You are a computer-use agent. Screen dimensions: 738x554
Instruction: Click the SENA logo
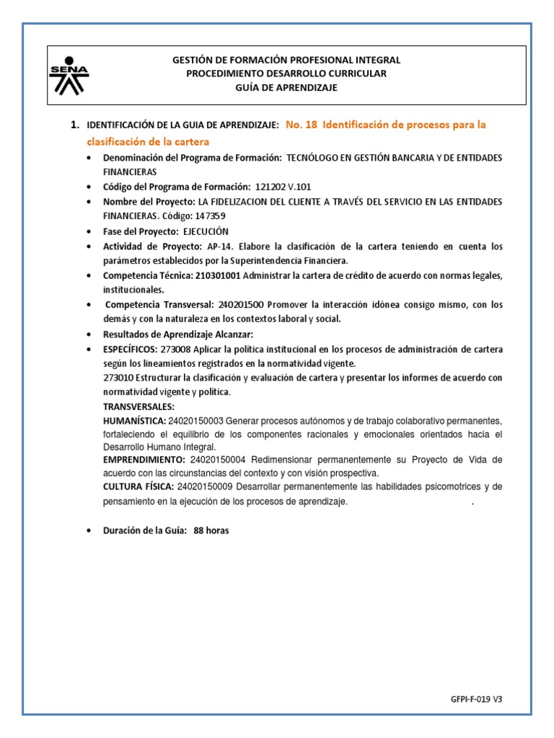tap(69, 74)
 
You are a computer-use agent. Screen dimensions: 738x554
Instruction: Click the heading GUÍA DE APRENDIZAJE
tap(286, 87)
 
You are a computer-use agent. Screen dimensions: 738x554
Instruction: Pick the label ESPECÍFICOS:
tap(135, 350)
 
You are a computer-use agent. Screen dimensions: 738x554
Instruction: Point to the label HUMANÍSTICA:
tap(135, 421)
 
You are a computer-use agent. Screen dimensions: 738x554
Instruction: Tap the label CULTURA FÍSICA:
tap(138, 487)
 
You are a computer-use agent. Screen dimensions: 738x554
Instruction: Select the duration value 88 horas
tap(211, 530)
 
